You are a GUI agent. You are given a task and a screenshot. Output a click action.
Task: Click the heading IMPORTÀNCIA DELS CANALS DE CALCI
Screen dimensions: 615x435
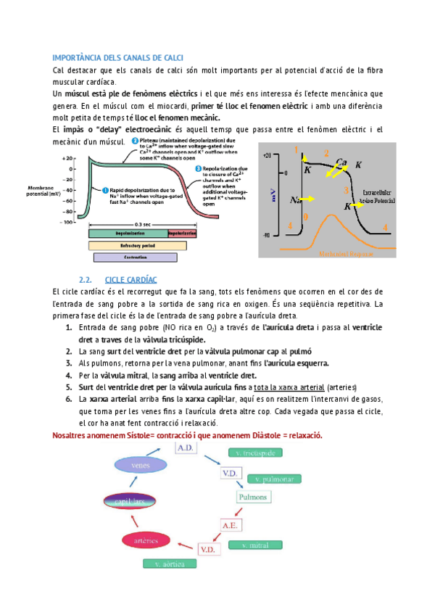click(118, 57)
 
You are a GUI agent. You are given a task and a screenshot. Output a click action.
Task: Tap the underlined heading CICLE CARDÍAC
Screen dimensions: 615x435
click(131, 279)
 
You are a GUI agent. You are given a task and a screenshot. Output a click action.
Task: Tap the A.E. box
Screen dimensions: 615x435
click(231, 524)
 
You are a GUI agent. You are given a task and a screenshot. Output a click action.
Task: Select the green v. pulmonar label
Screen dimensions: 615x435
click(274, 479)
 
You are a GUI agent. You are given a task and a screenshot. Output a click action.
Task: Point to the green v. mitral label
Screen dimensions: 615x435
click(253, 545)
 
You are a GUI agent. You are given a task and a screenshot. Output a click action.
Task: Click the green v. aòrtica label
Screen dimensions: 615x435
click(165, 564)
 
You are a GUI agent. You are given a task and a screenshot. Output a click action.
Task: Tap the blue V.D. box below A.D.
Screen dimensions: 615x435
click(231, 473)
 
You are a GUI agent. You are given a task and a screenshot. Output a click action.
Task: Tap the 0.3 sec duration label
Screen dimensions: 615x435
click(143, 225)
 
